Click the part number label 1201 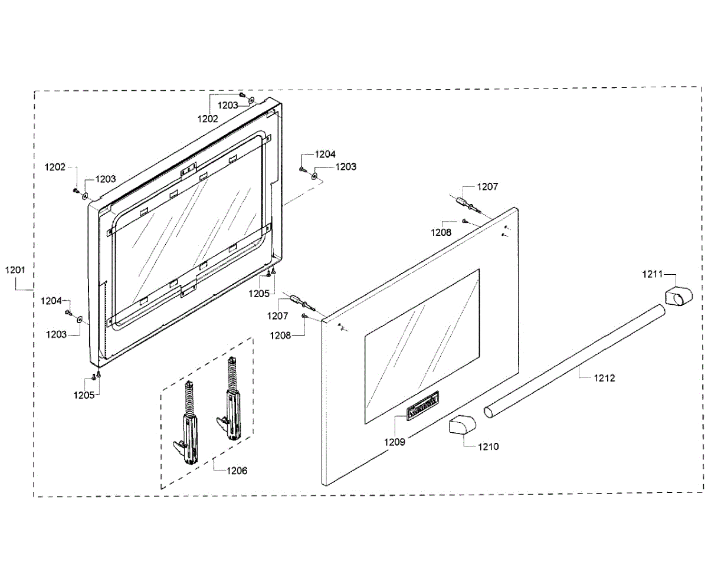tap(15, 271)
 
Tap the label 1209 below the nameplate tap(395, 441)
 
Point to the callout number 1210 tap(488, 446)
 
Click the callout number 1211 tap(653, 274)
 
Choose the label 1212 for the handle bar tap(604, 378)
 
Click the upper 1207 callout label tap(488, 187)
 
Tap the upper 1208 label tap(441, 232)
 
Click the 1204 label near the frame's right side tap(325, 154)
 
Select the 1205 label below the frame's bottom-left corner tap(84, 395)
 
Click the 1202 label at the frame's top tap(208, 118)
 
